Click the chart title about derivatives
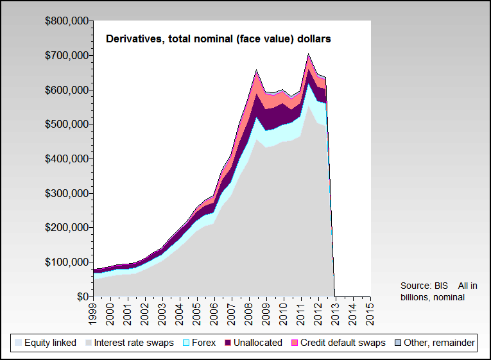[218, 39]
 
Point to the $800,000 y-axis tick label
[67, 21]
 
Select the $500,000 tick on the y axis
[67, 124]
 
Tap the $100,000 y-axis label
[67, 262]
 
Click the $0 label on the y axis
[82, 297]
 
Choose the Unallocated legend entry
[254, 343]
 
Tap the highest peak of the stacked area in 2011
[309, 54]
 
